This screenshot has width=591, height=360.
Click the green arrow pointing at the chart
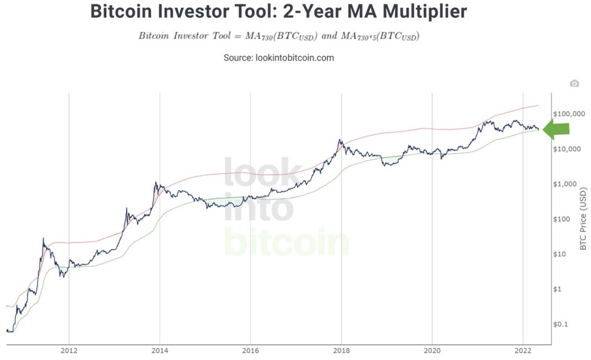click(556, 129)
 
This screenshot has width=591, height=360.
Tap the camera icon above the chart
click(574, 83)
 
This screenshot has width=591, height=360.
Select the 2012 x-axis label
click(69, 351)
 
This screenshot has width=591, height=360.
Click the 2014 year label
click(160, 351)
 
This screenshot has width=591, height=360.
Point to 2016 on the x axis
click(250, 351)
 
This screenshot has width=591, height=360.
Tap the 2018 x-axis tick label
click(341, 351)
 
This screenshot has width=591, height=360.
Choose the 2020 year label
click(432, 351)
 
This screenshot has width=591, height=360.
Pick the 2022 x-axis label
click(523, 351)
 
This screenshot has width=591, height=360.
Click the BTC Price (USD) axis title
click(584, 219)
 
